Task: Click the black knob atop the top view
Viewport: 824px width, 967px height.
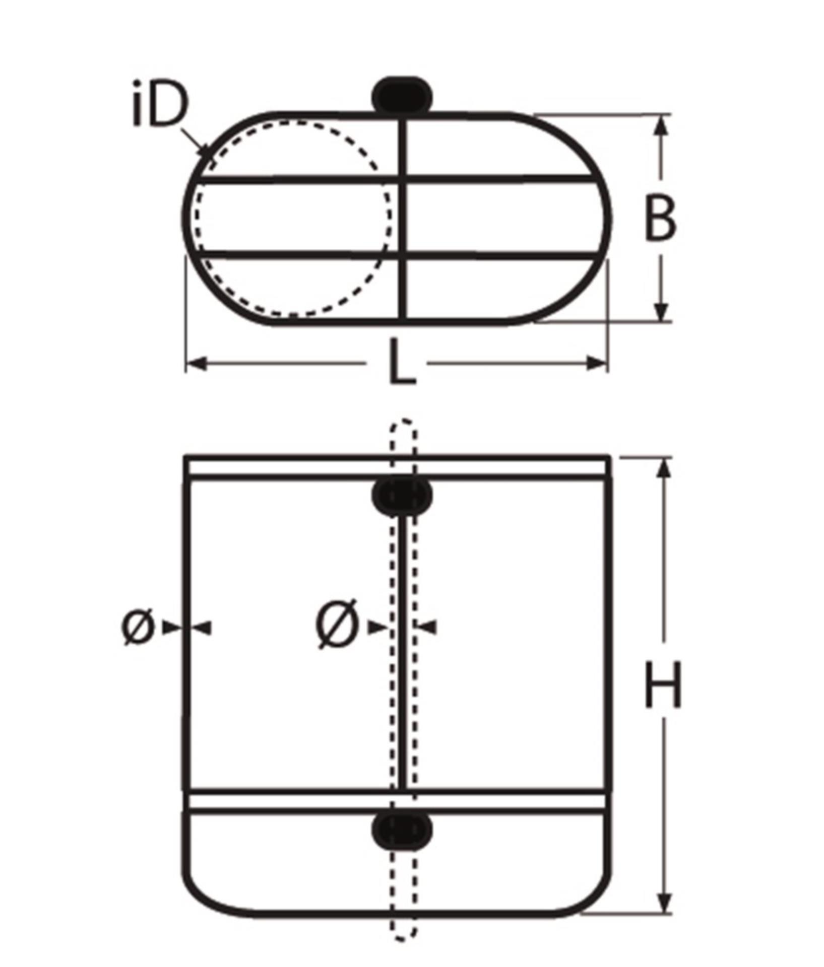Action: pos(402,95)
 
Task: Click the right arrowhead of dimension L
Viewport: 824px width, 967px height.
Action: pos(597,363)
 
